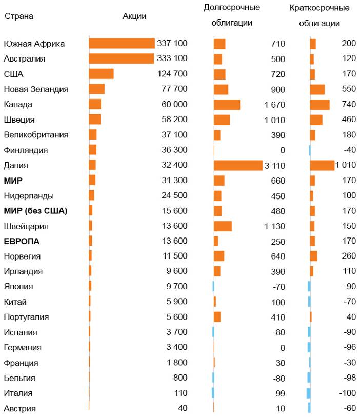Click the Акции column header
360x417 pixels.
[134, 16]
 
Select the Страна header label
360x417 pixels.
[19, 16]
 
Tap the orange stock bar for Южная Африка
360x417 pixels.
[122, 44]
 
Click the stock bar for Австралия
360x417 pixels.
[121, 58]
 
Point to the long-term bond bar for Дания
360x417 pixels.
[238, 165]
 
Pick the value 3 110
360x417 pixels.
[274, 166]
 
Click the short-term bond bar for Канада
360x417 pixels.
[319, 105]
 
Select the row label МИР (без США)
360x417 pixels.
[35, 211]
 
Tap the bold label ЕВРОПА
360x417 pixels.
[22, 241]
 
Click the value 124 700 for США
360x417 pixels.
[172, 74]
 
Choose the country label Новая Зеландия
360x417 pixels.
[36, 89]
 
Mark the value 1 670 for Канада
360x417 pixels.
[275, 105]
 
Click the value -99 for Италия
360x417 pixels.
[279, 394]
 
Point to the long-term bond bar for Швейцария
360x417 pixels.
[223, 226]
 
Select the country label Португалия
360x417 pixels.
[26, 317]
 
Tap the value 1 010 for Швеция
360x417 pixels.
[275, 120]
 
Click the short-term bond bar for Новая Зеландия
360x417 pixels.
[317, 89]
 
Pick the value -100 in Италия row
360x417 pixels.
[347, 393]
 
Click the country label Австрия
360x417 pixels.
[19, 409]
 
